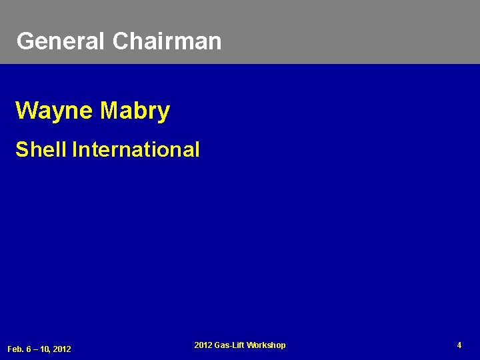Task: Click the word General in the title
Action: (61, 41)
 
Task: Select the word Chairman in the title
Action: (167, 41)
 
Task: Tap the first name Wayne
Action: (55, 111)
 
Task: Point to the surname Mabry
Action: (135, 111)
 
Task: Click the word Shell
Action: (41, 149)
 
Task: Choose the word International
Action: (136, 149)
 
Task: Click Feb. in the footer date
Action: (15, 349)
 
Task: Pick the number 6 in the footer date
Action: (28, 349)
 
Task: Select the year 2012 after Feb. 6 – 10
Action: (62, 349)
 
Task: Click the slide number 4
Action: (459, 345)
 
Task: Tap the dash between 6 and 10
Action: (35, 349)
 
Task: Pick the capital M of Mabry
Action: (109, 111)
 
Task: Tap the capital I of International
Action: (74, 149)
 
